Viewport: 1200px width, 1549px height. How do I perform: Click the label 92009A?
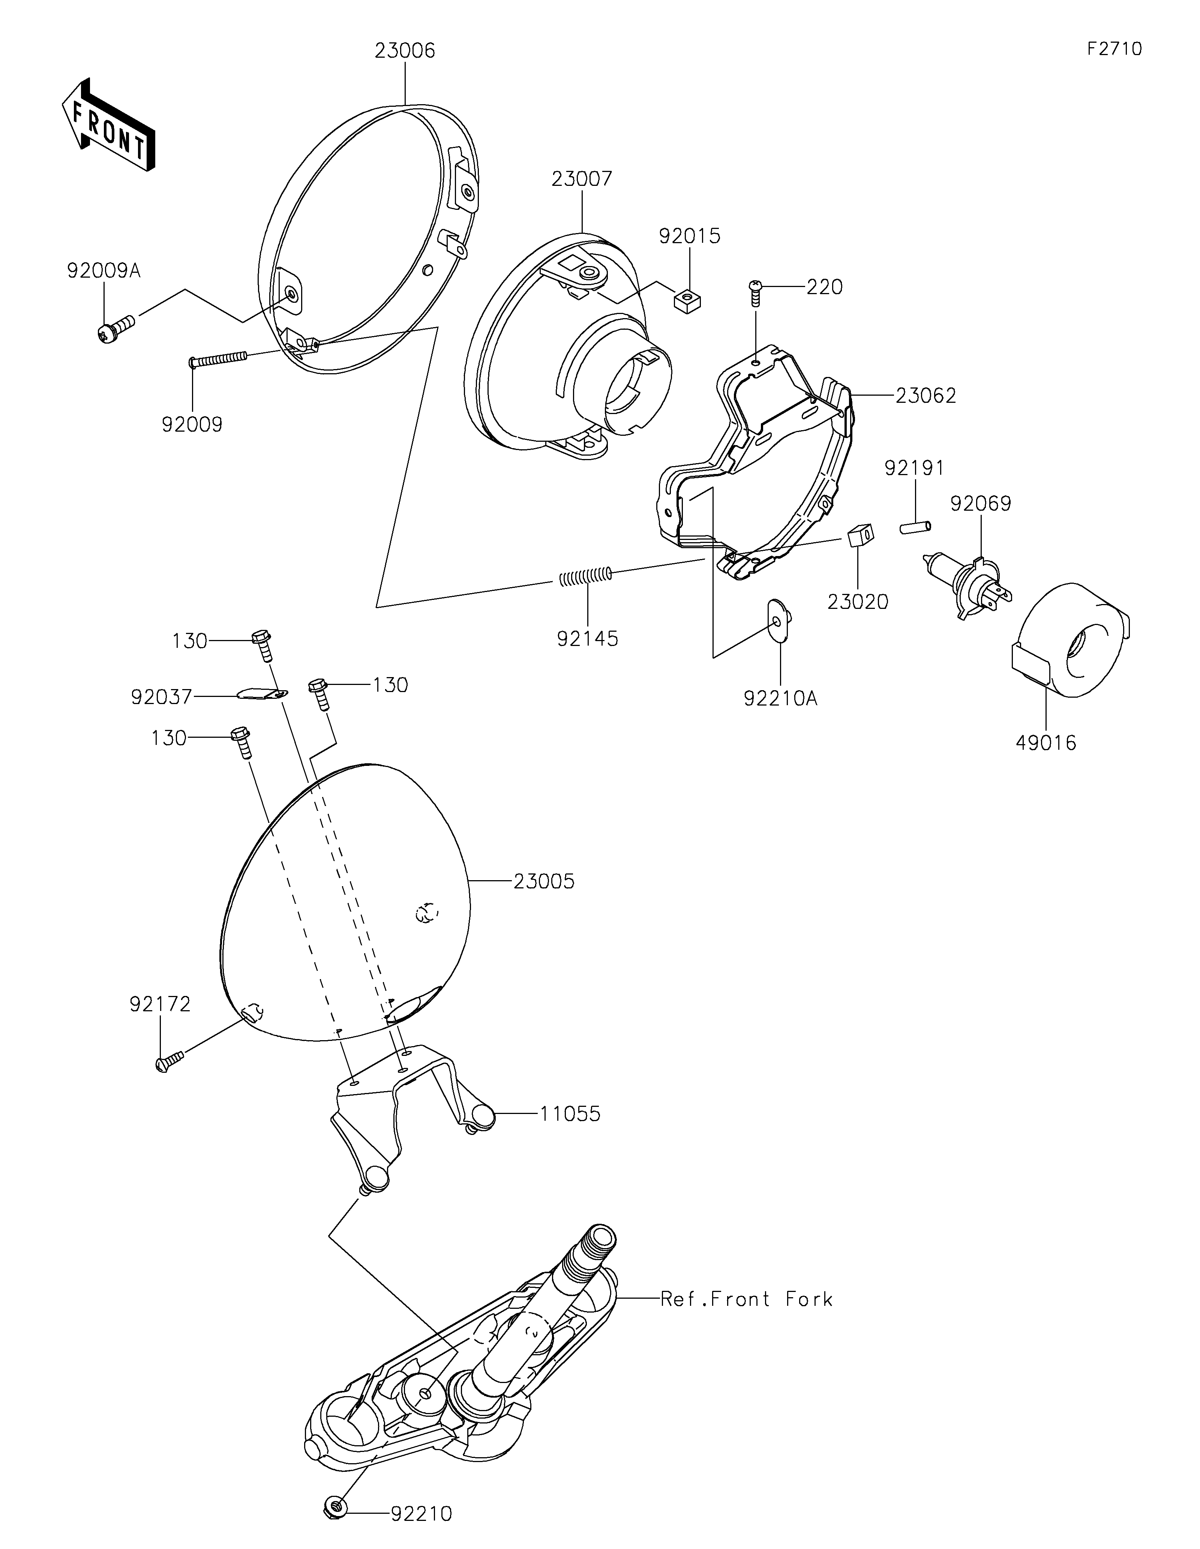click(x=104, y=271)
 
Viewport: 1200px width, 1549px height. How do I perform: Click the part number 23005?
click(x=544, y=882)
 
